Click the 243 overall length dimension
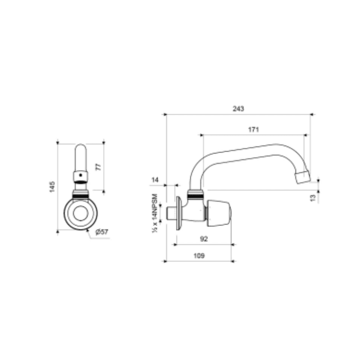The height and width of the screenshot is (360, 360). pyautogui.click(x=238, y=109)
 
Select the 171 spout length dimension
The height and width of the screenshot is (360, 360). pyautogui.click(x=254, y=129)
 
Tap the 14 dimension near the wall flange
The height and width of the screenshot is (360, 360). pyautogui.click(x=156, y=180)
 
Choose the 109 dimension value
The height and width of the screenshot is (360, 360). pyautogui.click(x=199, y=256)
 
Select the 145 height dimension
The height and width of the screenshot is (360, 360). pyautogui.click(x=53, y=186)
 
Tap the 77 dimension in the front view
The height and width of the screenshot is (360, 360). pyautogui.click(x=99, y=166)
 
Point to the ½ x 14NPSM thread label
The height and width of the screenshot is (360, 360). pyautogui.click(x=155, y=213)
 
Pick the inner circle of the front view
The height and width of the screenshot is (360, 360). pyautogui.click(x=81, y=214)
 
